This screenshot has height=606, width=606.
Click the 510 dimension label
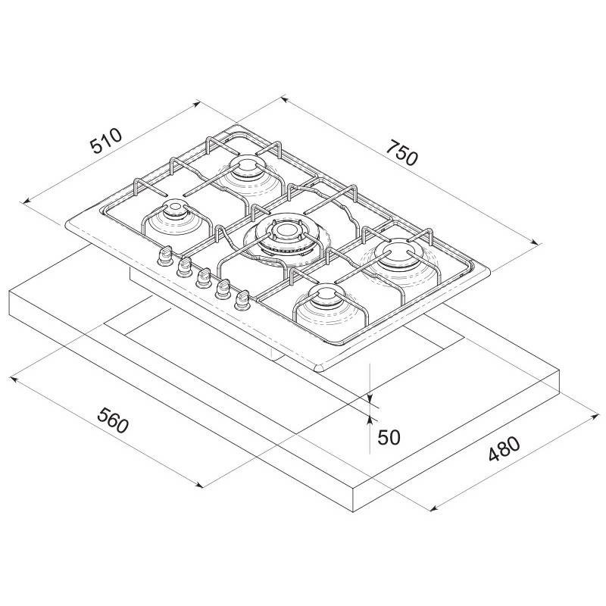[x=106, y=141]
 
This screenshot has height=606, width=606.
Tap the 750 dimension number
[x=403, y=153]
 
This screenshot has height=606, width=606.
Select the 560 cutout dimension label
[x=112, y=420]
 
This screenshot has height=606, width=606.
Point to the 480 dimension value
[x=504, y=449]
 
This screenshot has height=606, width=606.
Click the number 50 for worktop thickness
[x=389, y=438]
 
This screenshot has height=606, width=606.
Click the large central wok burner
[x=286, y=239]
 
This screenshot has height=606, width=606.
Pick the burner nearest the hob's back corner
[x=247, y=175]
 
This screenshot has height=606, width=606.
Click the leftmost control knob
[x=164, y=257]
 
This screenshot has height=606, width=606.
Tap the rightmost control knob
[x=241, y=300]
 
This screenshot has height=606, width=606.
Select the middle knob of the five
[x=202, y=278]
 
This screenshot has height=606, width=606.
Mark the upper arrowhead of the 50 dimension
[x=370, y=398]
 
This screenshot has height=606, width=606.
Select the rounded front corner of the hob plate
[x=321, y=367]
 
